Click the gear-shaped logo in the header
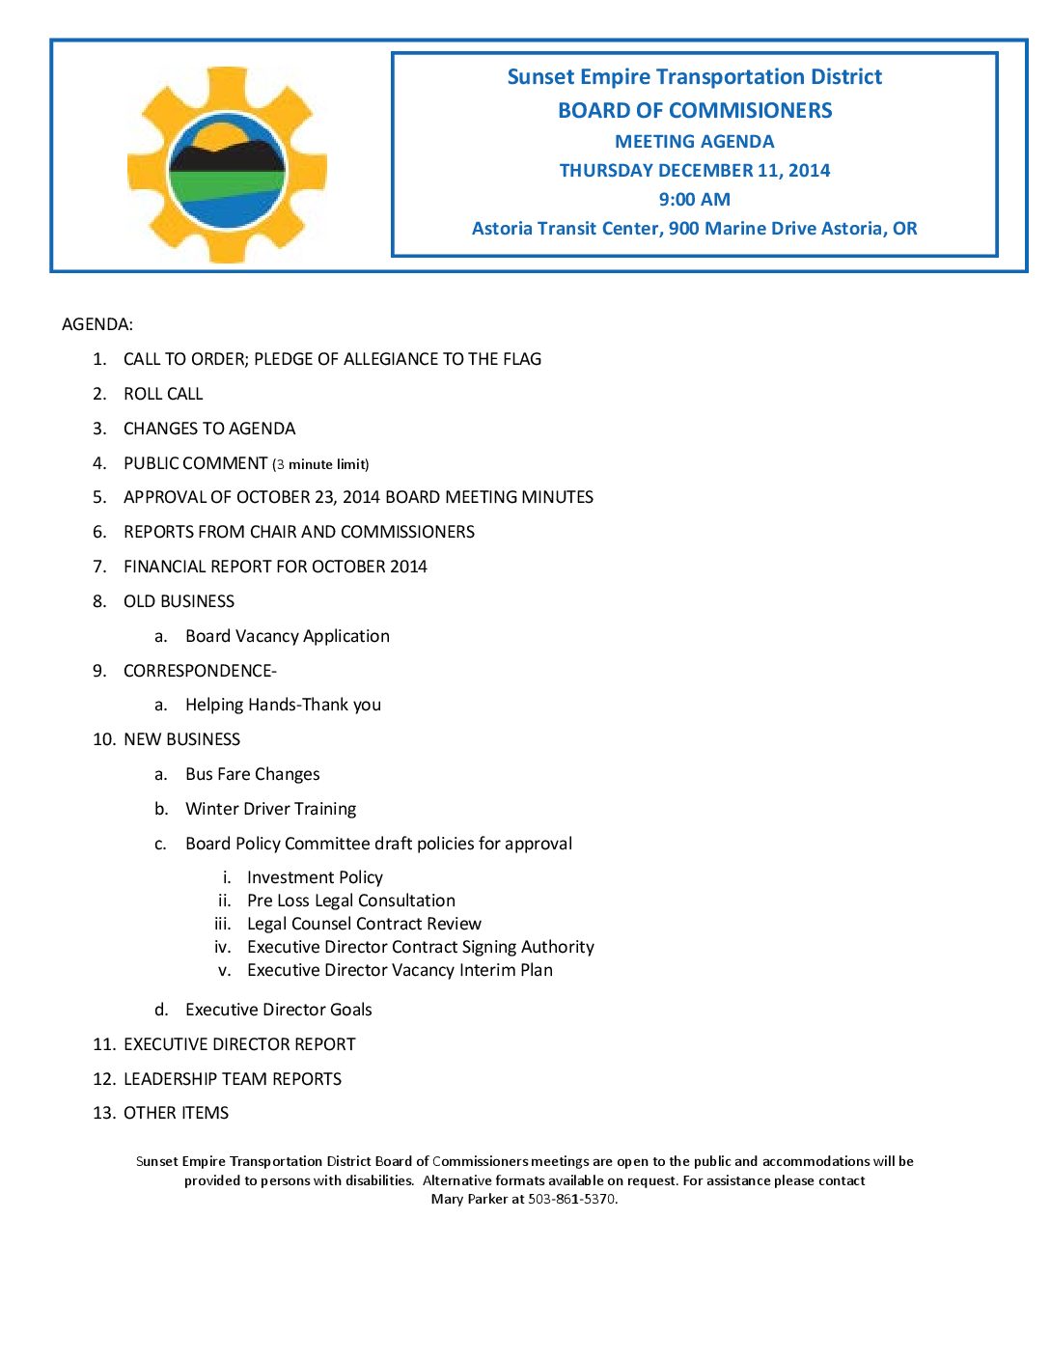[x=227, y=165]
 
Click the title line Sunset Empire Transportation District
[x=694, y=77]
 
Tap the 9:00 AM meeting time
[x=694, y=200]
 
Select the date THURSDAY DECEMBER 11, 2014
[x=694, y=171]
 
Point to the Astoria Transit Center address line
[x=694, y=229]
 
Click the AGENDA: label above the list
[x=97, y=324]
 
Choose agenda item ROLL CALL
[x=163, y=394]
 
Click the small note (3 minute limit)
[x=320, y=464]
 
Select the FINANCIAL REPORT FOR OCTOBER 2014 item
[x=275, y=567]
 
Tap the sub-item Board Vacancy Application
[x=288, y=636]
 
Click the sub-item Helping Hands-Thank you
[x=283, y=705]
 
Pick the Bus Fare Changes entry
[x=253, y=774]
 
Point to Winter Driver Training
[x=271, y=809]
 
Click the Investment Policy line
[x=315, y=877]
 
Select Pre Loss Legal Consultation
[x=351, y=901]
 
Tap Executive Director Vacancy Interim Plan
[x=400, y=970]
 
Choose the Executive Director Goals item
[x=279, y=1010]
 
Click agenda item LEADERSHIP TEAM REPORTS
[x=233, y=1079]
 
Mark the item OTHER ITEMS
[x=176, y=1113]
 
